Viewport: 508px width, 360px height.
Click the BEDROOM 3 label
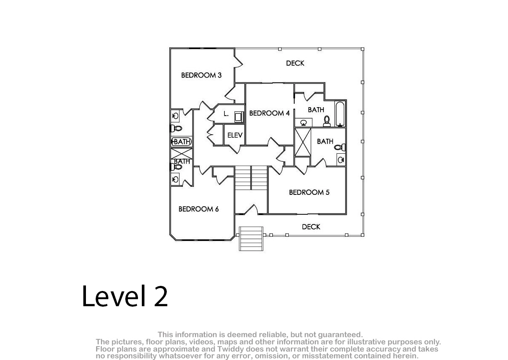click(x=201, y=75)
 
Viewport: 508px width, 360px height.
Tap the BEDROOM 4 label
click(x=269, y=113)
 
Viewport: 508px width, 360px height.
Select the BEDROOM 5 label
click(x=309, y=192)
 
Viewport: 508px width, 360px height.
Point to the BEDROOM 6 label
click(x=199, y=209)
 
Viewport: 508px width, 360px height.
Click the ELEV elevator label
click(x=235, y=136)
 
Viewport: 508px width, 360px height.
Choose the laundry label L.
click(x=226, y=114)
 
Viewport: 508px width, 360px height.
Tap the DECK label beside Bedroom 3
click(x=295, y=63)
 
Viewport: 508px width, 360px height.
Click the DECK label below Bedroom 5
click(x=311, y=227)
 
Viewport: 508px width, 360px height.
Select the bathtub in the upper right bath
click(x=340, y=114)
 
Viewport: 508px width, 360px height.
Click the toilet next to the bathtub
click(x=327, y=121)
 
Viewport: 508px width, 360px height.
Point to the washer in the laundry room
click(x=239, y=117)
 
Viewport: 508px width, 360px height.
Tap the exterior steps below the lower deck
click(x=251, y=238)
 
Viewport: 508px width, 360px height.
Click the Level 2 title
click(x=125, y=296)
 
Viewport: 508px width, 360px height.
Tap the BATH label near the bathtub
click(x=316, y=110)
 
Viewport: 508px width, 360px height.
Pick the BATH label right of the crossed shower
click(x=325, y=141)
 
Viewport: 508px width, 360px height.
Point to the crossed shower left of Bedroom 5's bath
click(x=303, y=142)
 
